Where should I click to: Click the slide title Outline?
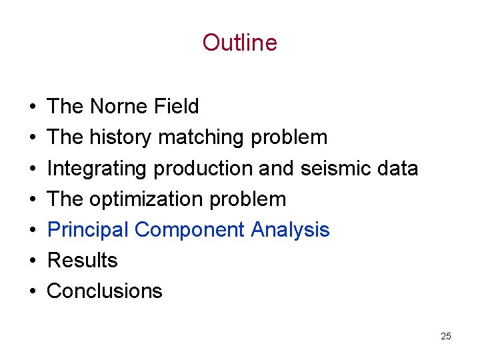coord(239,43)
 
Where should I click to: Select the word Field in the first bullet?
coord(177,107)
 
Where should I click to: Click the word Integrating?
coord(97,169)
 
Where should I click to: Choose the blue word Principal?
coord(88,230)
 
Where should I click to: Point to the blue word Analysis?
coord(291,230)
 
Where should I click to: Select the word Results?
coord(83,261)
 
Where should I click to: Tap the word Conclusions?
coord(105,291)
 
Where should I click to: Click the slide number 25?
coord(446,336)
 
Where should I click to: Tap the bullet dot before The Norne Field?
coord(32,107)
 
